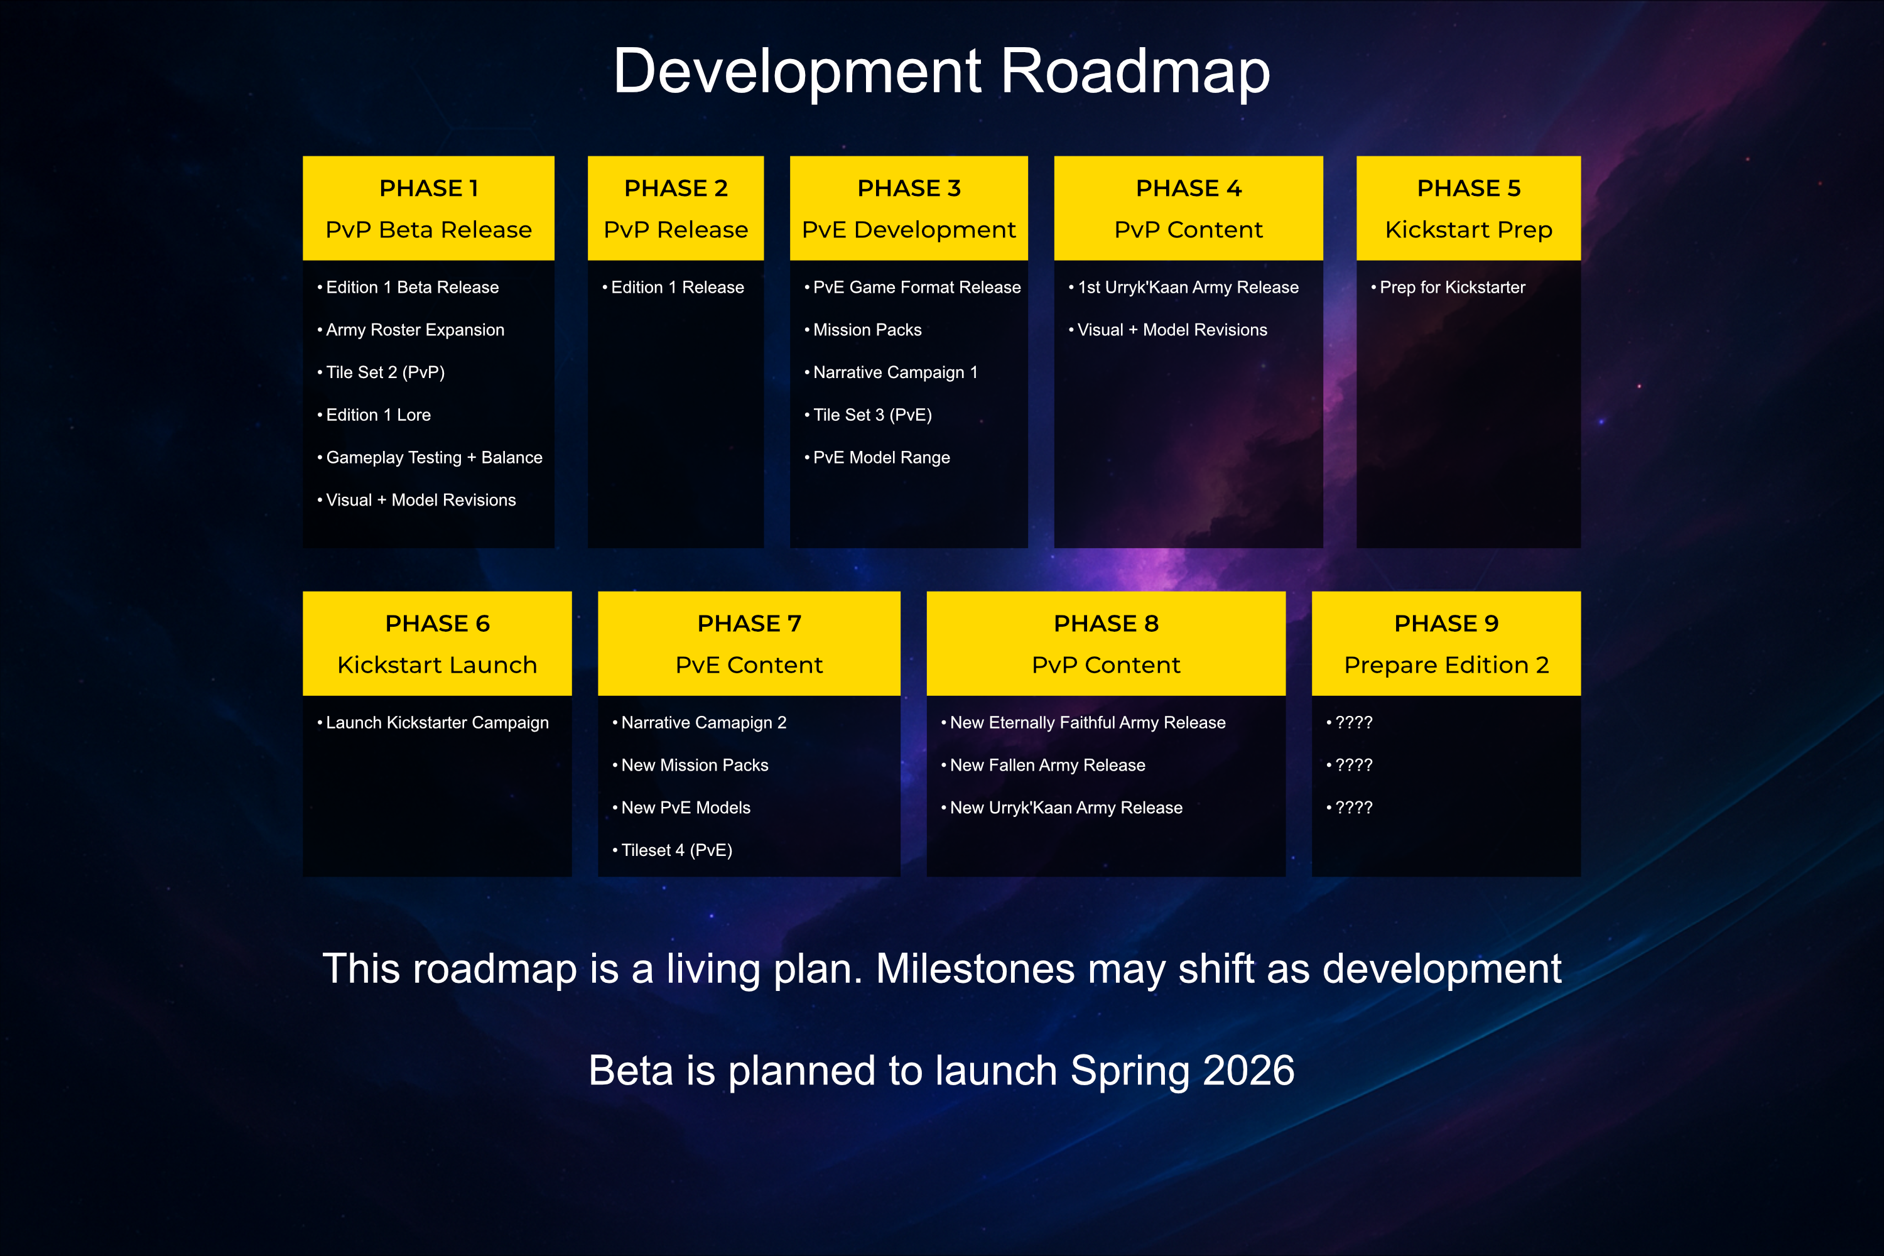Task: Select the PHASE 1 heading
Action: coord(428,188)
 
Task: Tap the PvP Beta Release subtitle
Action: coord(428,230)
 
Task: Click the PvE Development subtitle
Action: coord(908,230)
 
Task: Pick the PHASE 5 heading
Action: coord(1468,188)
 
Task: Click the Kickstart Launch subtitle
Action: coord(437,665)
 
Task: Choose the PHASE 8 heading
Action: coord(1106,623)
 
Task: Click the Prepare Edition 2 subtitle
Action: coord(1446,665)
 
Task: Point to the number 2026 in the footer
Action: coord(1249,1070)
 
